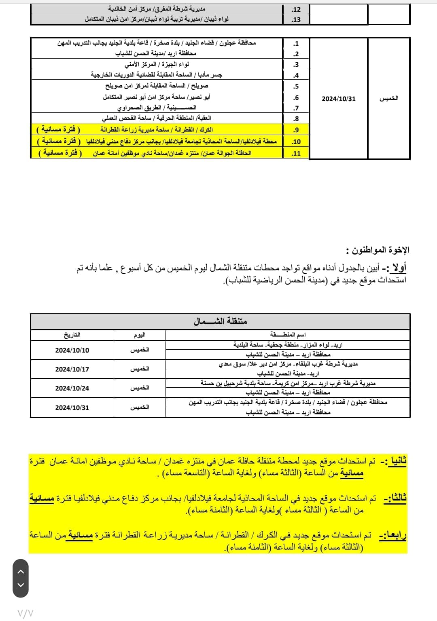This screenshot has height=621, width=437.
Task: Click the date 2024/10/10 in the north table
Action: pos(72,350)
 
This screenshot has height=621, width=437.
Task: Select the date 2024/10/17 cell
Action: pos(72,369)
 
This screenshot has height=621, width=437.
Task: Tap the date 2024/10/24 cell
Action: pos(72,388)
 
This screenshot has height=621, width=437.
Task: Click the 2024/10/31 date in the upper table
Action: pos(339,99)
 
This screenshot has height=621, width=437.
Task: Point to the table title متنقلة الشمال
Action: pos(221,321)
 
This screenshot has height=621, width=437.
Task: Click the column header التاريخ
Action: pos(72,335)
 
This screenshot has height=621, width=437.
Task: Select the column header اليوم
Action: pos(140,335)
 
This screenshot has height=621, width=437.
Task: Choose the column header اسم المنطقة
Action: pos(288,335)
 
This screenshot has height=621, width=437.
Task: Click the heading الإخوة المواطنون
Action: pos(378,250)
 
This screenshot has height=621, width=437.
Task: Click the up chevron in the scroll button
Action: pos(21,572)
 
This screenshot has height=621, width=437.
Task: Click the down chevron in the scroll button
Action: pos(21,585)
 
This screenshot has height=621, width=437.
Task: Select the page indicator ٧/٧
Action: pos(25,613)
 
